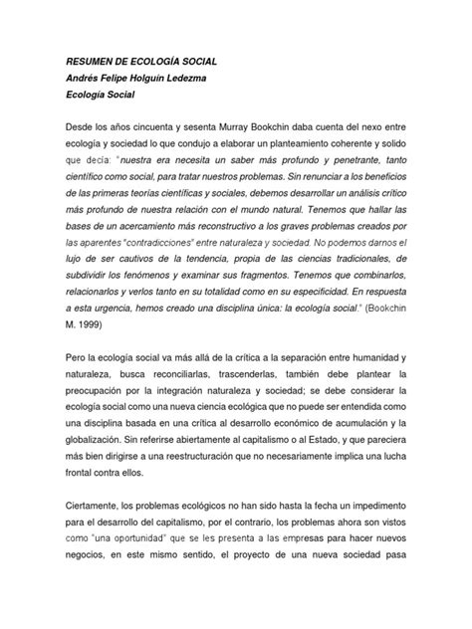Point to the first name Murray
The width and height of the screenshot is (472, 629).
pos(261,138)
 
